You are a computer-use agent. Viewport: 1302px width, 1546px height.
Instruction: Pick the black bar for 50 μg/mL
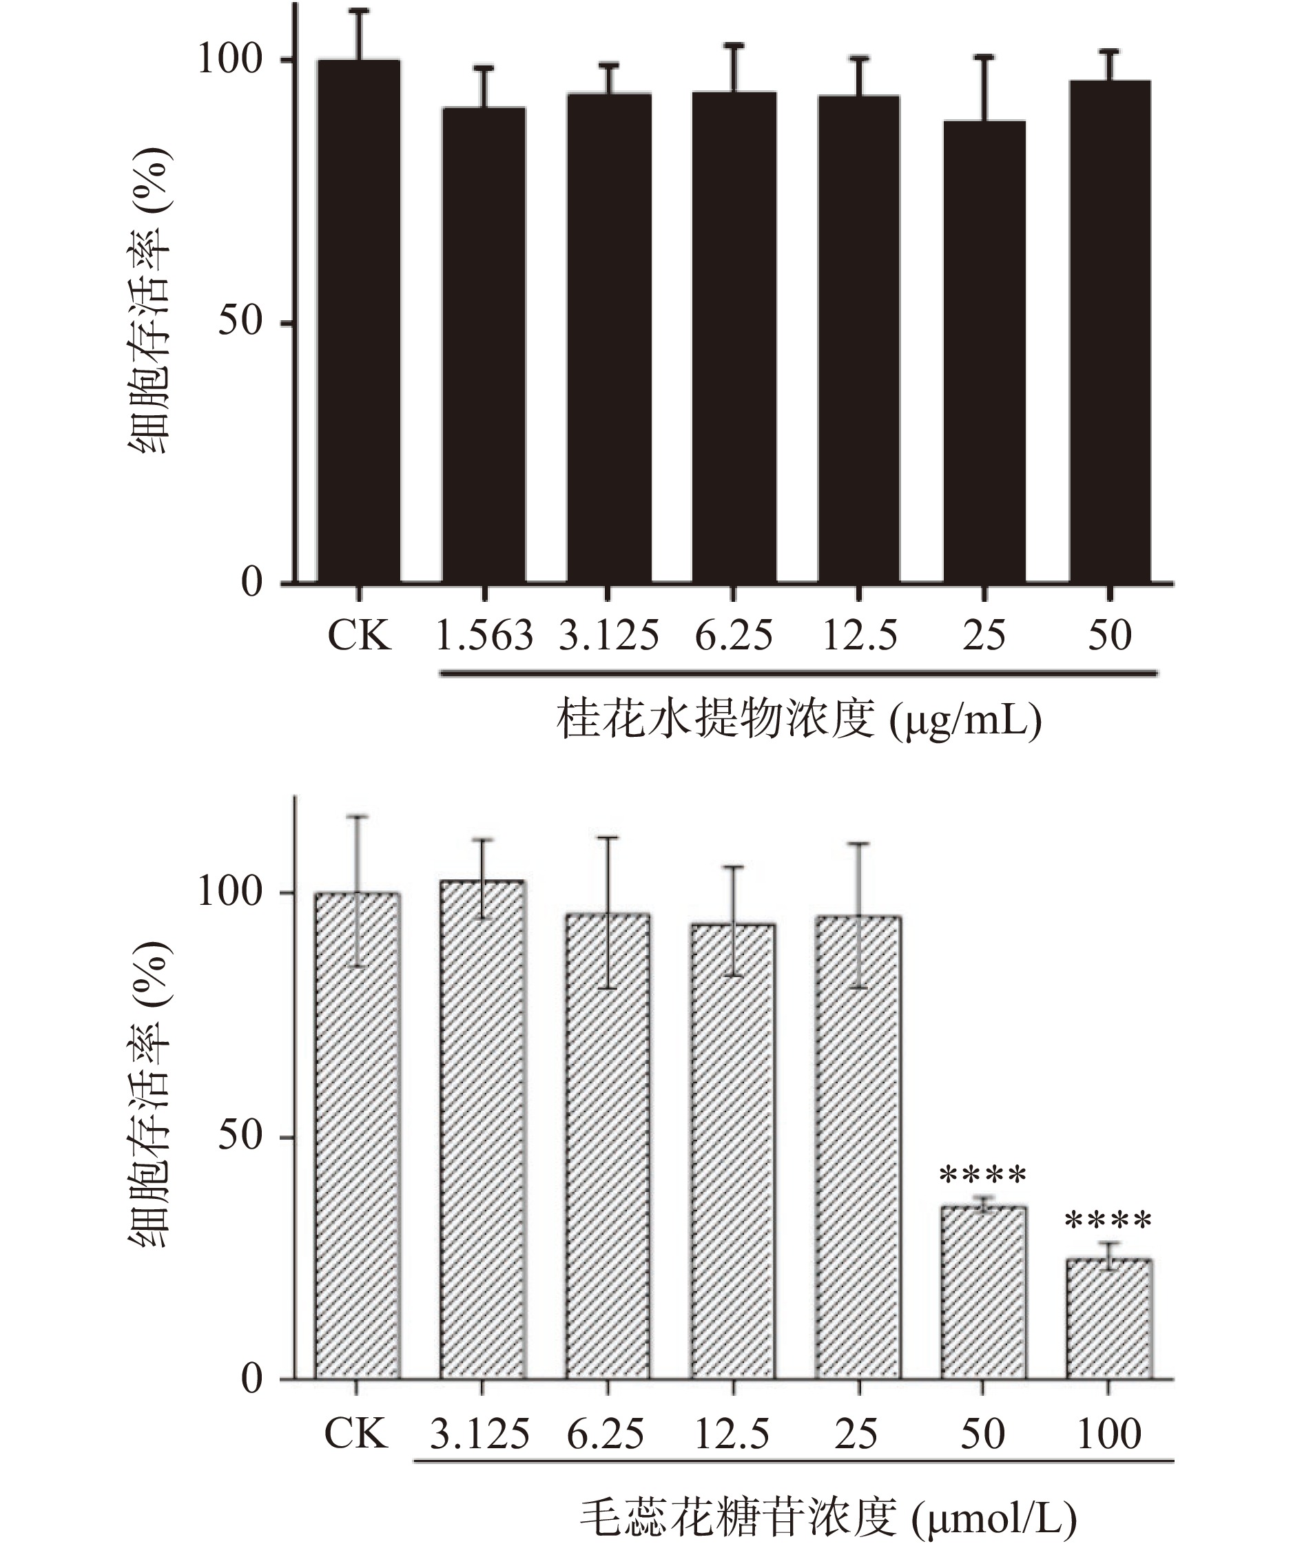click(1109, 332)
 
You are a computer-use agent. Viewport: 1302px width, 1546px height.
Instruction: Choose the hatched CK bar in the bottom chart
click(358, 1136)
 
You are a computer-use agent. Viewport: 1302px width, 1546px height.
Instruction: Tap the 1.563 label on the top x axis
click(484, 636)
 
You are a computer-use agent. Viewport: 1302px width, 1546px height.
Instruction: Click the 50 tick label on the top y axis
click(240, 322)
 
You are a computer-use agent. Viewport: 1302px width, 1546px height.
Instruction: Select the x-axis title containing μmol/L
click(828, 1517)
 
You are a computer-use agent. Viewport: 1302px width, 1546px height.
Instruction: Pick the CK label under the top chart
click(359, 636)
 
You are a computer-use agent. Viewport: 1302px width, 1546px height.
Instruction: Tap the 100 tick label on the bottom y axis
click(230, 894)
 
